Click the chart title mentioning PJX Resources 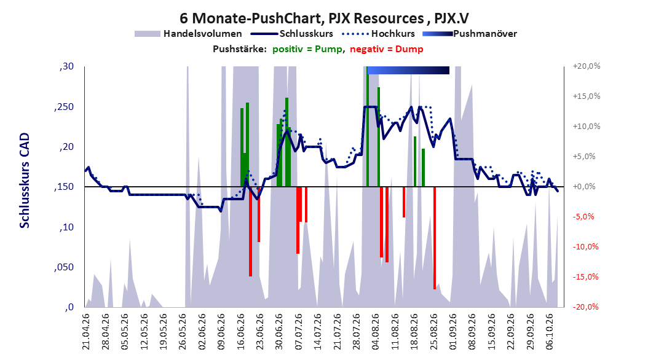click(x=324, y=18)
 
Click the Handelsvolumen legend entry click(x=189, y=34)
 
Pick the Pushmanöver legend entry click(x=470, y=34)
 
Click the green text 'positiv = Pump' click(x=307, y=49)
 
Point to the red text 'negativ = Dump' click(x=387, y=49)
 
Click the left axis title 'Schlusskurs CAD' click(x=25, y=181)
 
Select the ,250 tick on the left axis click(x=64, y=106)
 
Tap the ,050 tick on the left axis click(x=64, y=267)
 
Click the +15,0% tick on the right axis click(x=587, y=96)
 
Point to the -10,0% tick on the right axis click(x=585, y=247)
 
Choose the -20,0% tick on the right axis click(x=585, y=307)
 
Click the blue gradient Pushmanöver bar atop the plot click(x=408, y=70)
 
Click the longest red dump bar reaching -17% click(x=435, y=238)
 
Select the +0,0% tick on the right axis click(x=584, y=187)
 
